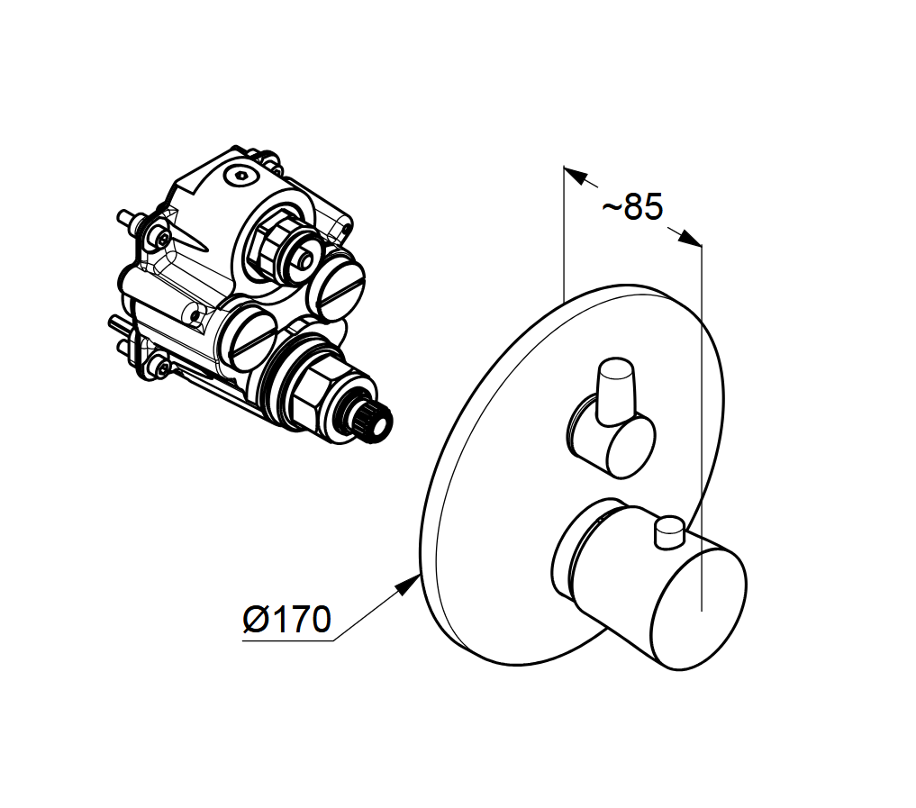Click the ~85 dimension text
click(x=632, y=207)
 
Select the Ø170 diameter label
click(x=286, y=620)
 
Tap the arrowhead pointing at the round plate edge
click(x=408, y=584)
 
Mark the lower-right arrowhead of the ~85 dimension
click(x=690, y=238)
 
